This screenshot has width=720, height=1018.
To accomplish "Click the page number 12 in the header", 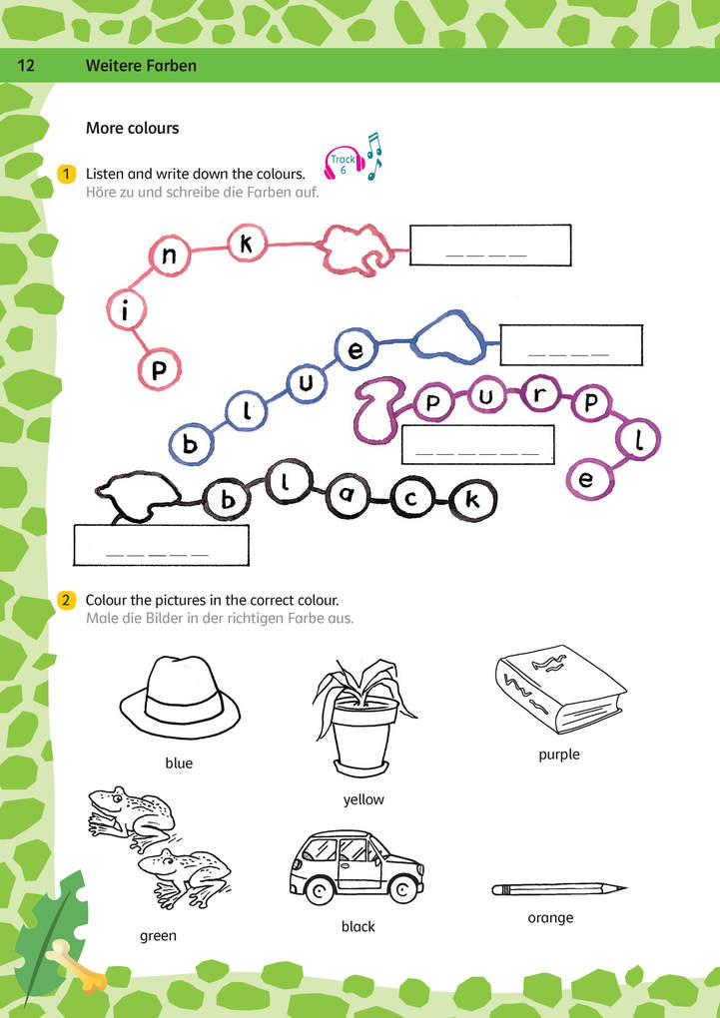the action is tap(26, 66).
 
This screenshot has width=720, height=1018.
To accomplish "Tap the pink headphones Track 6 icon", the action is tap(342, 163).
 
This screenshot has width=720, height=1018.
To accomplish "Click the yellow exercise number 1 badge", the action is tap(66, 174).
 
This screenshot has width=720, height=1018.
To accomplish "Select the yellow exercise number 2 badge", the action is tap(66, 600).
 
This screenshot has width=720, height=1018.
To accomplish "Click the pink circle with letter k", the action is tap(247, 245).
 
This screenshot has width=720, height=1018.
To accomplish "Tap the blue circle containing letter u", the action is tap(305, 383).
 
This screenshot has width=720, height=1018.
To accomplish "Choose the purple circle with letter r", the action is tap(538, 395).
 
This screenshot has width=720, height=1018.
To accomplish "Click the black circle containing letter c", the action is tap(410, 499).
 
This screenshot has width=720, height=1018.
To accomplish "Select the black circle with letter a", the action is tap(347, 497).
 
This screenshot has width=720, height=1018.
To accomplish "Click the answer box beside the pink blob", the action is tap(490, 245).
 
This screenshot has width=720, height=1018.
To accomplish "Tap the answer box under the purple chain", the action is tap(478, 444).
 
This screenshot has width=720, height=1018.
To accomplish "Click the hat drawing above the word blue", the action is tap(180, 697).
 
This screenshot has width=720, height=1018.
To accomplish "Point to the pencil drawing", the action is tap(559, 889).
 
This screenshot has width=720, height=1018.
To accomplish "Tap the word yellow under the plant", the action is tap(363, 799).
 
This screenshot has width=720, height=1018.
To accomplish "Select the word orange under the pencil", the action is tap(550, 918).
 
